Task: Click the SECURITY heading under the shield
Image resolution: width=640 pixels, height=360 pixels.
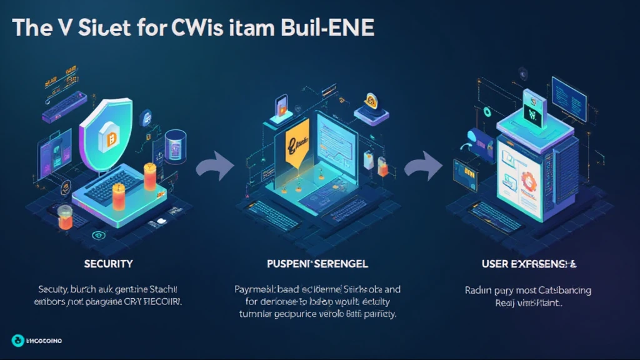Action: point(108,264)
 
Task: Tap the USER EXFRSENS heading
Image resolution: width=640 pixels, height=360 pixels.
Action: point(529,264)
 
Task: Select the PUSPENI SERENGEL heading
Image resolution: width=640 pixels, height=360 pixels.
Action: point(317,264)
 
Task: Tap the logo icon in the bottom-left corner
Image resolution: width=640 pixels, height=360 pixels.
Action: point(17,340)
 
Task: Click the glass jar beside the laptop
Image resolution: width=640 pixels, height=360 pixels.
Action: point(65,217)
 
